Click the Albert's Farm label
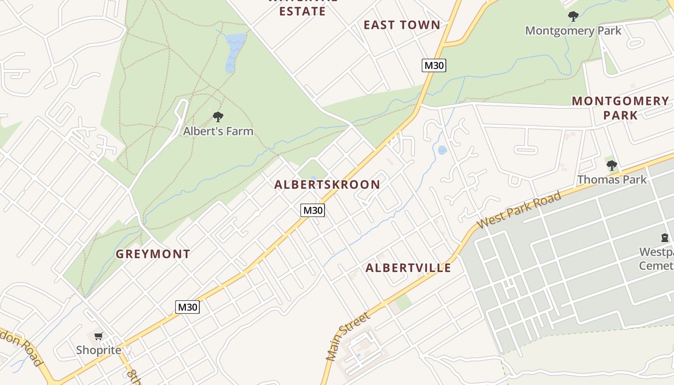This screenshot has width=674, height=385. click(218, 131)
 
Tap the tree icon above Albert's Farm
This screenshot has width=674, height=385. click(218, 116)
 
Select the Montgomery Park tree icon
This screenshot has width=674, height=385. click(573, 16)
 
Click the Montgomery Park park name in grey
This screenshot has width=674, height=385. click(573, 31)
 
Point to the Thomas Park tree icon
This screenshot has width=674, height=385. click(611, 166)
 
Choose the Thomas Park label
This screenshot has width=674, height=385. click(611, 180)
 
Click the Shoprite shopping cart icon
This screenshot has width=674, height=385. click(98, 336)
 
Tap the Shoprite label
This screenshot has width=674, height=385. click(99, 350)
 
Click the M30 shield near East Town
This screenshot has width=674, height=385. click(434, 65)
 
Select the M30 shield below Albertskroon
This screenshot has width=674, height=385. click(312, 210)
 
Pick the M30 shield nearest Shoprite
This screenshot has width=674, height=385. click(187, 307)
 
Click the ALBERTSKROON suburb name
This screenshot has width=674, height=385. click(327, 184)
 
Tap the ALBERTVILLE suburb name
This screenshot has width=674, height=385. click(408, 268)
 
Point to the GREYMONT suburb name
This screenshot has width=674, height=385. click(153, 254)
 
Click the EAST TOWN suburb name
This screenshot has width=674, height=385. click(402, 25)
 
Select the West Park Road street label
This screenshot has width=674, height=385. click(518, 210)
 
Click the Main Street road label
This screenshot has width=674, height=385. click(348, 336)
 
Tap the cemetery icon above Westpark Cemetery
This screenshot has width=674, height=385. click(665, 238)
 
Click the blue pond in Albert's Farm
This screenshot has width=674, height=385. click(234, 50)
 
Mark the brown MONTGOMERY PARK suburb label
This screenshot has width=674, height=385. click(620, 108)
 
